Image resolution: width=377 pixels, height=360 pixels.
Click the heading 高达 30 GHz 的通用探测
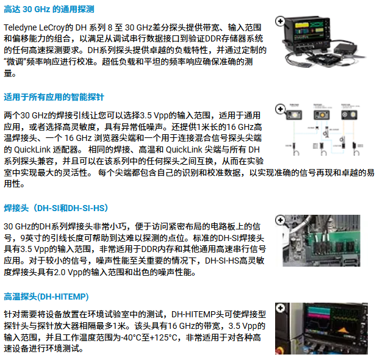pyautogui.click(x=49, y=9)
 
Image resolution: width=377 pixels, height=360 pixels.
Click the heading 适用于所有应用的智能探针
pyautogui.click(x=54, y=97)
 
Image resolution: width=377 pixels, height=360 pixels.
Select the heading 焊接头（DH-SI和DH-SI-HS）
pyautogui.click(x=56, y=208)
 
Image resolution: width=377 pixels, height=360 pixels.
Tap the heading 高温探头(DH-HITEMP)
pyautogui.click(x=46, y=297)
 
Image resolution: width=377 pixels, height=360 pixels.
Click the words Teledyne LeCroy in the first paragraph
pyautogui.click(x=34, y=27)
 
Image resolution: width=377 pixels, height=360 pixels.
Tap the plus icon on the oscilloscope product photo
pyautogui.click(x=280, y=21)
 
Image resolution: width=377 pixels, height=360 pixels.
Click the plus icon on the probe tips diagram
pyautogui.click(x=280, y=109)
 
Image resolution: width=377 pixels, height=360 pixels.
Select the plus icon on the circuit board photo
pyautogui.click(x=280, y=220)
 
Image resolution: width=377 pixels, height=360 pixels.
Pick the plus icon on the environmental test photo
pyautogui.click(x=280, y=308)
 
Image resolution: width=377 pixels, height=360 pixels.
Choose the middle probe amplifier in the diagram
pyautogui.click(x=321, y=115)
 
